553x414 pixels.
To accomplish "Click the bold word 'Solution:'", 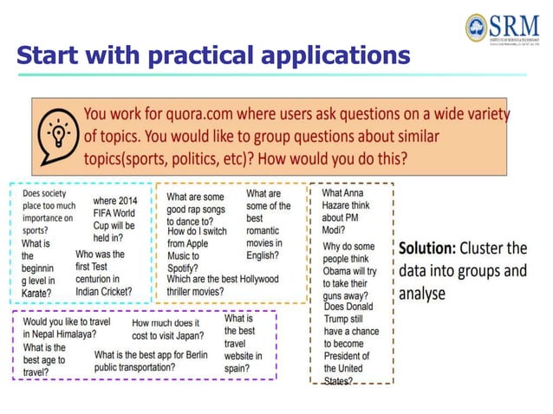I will click(430, 248).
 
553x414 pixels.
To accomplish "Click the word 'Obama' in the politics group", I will click(342, 271).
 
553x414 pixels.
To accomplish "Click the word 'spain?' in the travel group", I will click(238, 367).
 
